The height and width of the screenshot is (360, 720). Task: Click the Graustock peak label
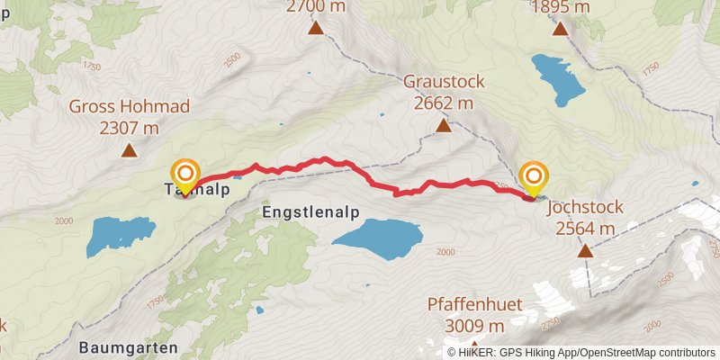click(x=444, y=82)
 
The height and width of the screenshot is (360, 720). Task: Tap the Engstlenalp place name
click(x=311, y=212)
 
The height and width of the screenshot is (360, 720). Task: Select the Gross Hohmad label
click(x=129, y=107)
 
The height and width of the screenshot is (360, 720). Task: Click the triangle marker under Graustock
click(x=444, y=126)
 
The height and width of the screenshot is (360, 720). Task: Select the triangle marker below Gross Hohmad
click(x=129, y=151)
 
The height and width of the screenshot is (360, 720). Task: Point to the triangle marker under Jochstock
click(x=585, y=250)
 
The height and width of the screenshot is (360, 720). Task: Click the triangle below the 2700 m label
click(x=316, y=28)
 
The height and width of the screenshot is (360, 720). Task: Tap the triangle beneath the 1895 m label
click(x=560, y=28)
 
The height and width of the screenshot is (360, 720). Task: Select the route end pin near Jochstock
click(x=534, y=176)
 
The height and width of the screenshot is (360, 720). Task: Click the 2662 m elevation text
click(x=444, y=103)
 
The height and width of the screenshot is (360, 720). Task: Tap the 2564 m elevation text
click(x=585, y=228)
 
